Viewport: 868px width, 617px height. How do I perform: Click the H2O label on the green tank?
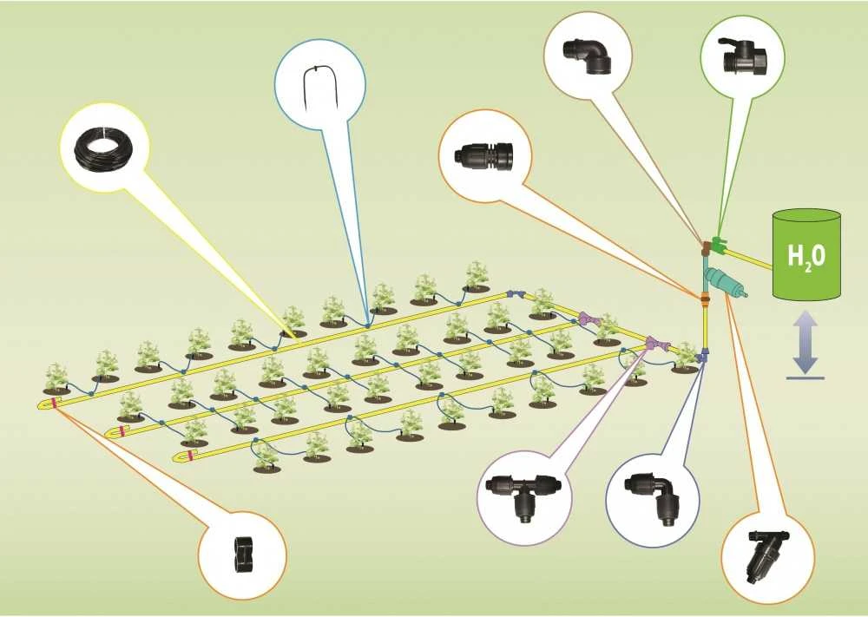(x=806, y=258)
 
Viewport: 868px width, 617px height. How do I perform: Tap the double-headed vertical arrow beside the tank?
(x=805, y=342)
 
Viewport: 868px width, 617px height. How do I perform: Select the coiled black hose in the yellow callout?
(x=104, y=148)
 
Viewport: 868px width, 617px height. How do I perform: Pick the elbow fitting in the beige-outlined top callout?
(x=587, y=54)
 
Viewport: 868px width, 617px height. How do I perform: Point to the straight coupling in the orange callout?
(x=484, y=155)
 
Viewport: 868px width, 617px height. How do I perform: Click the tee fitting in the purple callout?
(x=523, y=496)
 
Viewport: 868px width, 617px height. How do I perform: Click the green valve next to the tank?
(x=718, y=245)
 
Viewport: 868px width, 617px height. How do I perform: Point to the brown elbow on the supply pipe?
(x=706, y=247)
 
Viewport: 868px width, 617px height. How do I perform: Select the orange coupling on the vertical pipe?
(x=705, y=300)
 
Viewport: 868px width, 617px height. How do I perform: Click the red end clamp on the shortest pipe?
(x=190, y=455)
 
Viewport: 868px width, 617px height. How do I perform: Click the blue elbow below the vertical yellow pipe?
(x=703, y=355)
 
